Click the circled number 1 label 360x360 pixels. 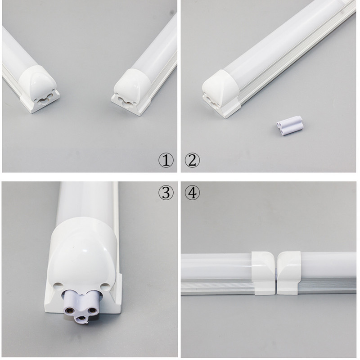click(166, 160)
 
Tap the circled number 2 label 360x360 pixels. click(193, 160)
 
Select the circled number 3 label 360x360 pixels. click(166, 193)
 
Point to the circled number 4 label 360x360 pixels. click(193, 193)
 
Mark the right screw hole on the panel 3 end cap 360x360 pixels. click(104, 285)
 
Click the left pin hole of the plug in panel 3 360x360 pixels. click(69, 310)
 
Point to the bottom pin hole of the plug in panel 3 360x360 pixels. click(81, 319)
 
